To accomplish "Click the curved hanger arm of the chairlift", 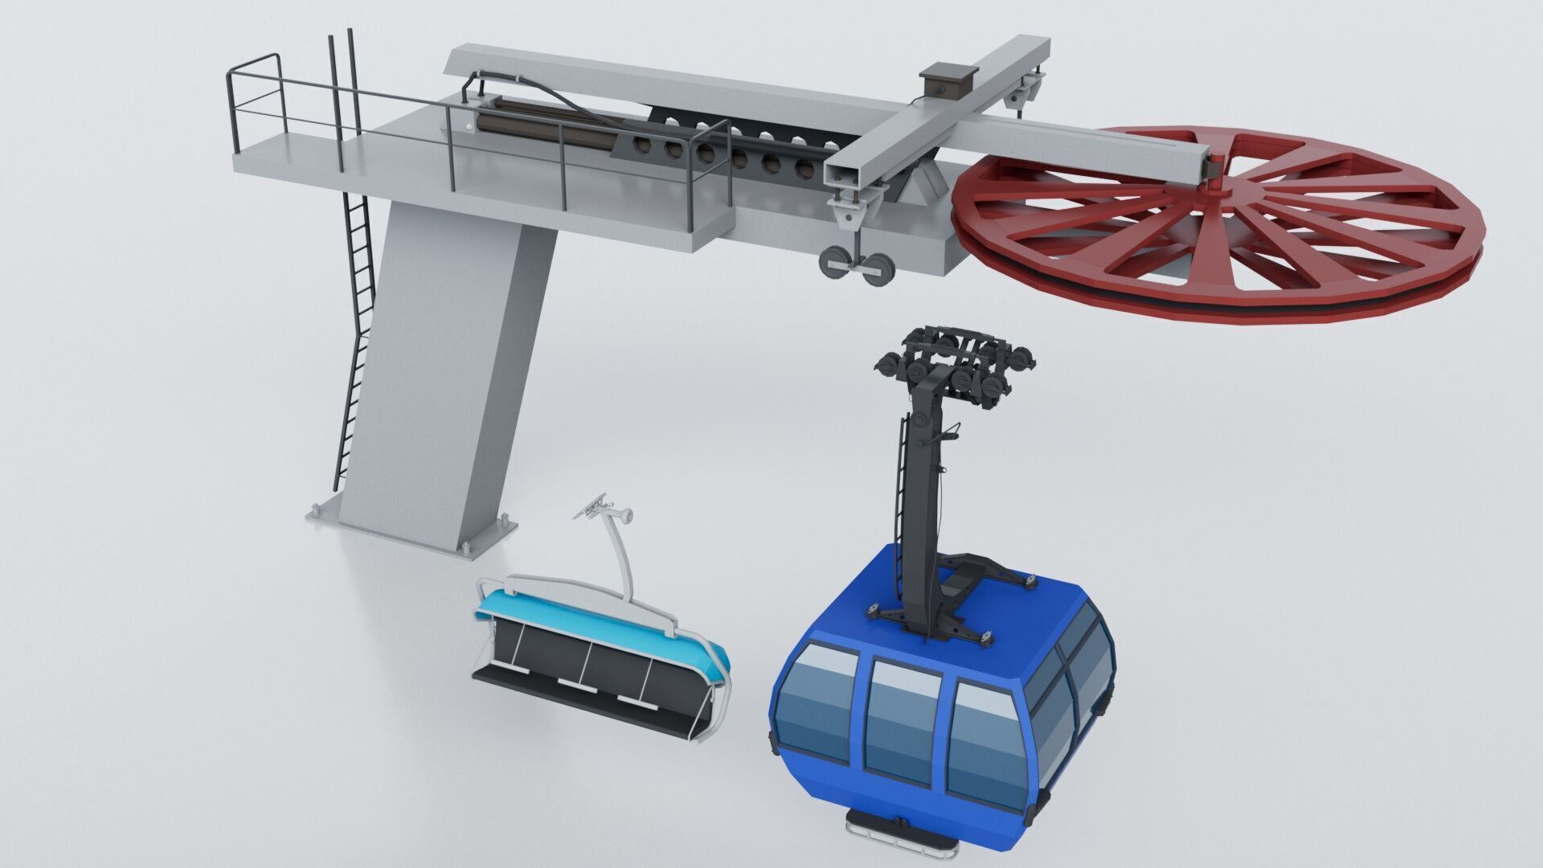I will (x=620, y=555).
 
